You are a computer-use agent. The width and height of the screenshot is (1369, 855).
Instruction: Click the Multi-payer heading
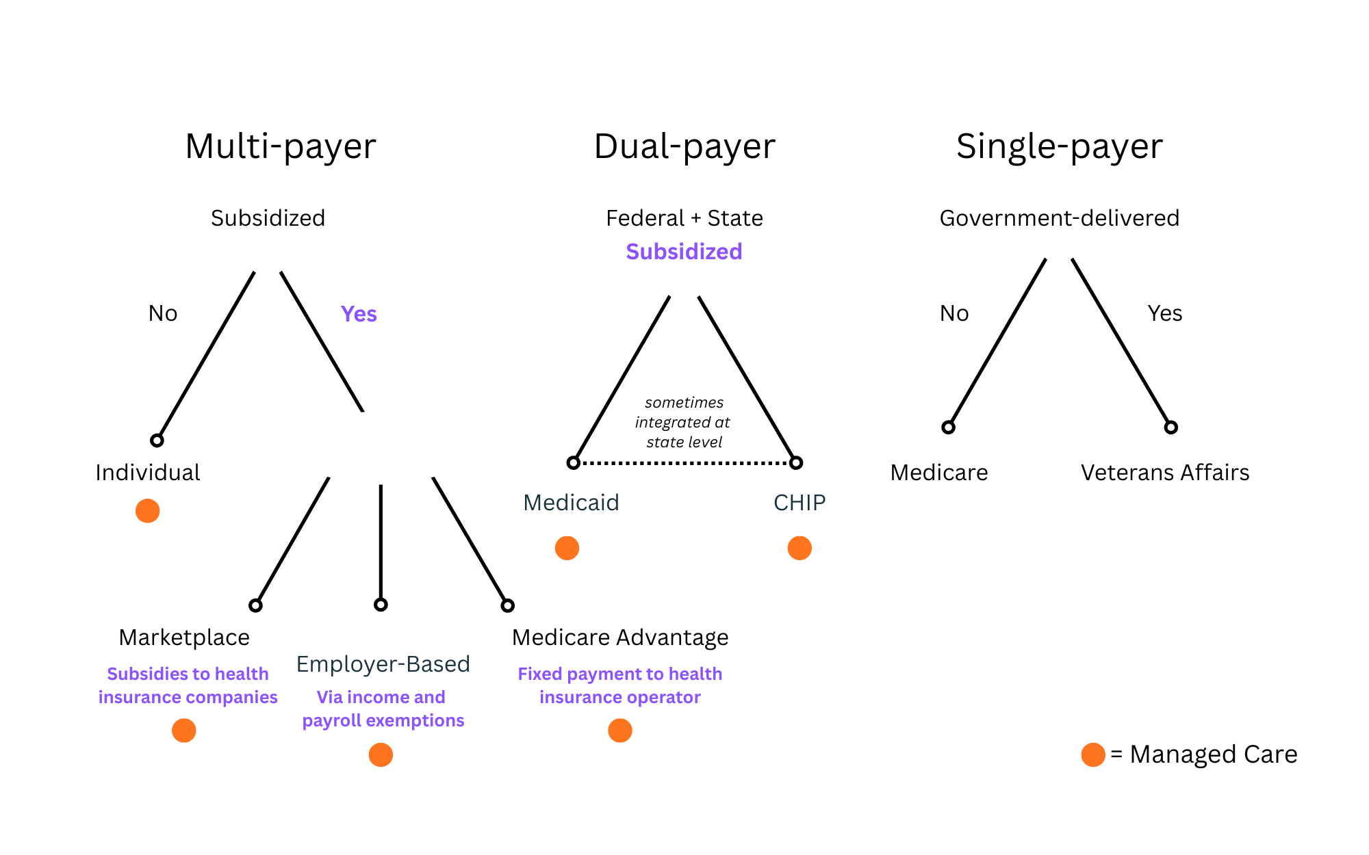281,146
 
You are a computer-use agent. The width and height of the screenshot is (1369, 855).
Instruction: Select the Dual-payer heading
684,146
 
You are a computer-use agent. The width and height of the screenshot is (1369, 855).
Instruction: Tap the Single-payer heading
1059,146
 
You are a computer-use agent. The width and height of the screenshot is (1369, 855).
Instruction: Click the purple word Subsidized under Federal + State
684,252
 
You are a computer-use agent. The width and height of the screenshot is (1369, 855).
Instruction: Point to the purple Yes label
359,314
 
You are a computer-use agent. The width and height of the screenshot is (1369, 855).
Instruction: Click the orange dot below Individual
147,511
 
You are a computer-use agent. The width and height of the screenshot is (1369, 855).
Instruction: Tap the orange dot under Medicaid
567,548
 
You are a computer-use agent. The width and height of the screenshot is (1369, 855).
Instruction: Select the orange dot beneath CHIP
799,548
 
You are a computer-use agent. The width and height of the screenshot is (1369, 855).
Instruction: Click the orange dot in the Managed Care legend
1093,754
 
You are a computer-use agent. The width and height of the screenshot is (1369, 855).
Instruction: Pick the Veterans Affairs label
1165,473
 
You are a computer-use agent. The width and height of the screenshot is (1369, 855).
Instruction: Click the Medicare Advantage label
620,637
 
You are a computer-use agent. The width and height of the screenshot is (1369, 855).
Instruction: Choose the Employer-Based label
383,664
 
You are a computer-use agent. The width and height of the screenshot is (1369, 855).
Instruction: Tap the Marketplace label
184,637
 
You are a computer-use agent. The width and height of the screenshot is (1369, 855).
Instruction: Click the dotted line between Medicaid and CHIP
684,463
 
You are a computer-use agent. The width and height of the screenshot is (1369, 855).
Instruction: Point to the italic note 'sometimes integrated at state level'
684,422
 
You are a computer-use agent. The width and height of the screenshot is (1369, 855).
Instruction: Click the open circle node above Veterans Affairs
1170,428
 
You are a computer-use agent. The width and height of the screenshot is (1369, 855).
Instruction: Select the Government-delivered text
1059,218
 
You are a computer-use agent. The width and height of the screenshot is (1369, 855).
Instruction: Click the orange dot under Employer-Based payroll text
381,755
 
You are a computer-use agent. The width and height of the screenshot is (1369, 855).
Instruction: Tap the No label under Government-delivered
954,313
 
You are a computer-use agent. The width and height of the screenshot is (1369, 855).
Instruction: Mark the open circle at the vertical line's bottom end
381,605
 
